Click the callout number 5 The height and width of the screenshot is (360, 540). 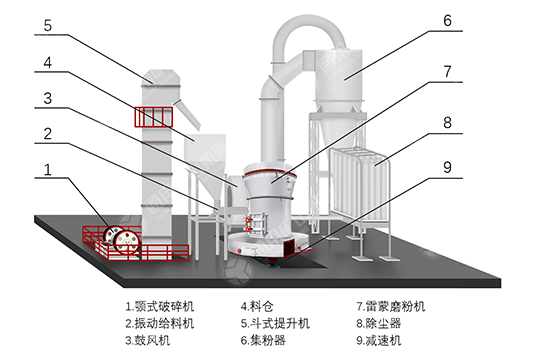click(48, 25)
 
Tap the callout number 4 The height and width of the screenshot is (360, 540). click(48, 63)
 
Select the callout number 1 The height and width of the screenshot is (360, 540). click(48, 169)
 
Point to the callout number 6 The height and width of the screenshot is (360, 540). click(447, 21)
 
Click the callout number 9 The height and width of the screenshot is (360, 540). click(447, 167)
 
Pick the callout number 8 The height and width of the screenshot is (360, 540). click(447, 123)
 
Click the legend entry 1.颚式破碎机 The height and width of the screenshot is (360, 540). click(160, 306)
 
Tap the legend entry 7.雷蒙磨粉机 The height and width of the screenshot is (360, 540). click(391, 306)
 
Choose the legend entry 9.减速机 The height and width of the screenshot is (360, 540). click(379, 340)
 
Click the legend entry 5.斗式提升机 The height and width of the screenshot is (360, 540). click(275, 323)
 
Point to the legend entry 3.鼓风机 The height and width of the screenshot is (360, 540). click(148, 340)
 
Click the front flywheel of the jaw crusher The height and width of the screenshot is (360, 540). click(127, 242)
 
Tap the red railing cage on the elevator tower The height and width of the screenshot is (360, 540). click(154, 117)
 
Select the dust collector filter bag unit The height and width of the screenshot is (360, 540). click(359, 186)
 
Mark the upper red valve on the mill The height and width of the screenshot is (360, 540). click(248, 219)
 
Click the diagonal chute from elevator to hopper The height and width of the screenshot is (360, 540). click(188, 115)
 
